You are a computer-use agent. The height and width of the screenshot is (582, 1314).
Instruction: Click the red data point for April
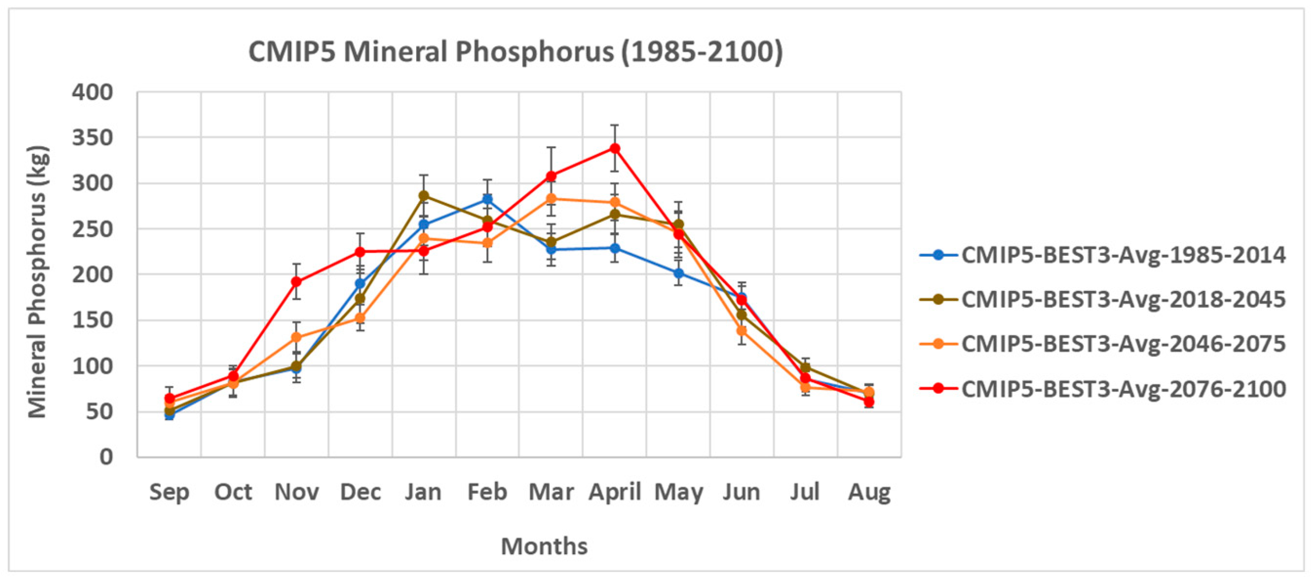pos(615,148)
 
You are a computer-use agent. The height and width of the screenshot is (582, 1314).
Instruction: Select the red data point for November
pos(296,282)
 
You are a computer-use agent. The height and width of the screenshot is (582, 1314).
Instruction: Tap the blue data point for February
pos(487,199)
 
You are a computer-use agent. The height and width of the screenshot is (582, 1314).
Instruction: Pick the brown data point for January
pos(423,196)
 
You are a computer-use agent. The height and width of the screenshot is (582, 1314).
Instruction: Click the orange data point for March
pos(551,199)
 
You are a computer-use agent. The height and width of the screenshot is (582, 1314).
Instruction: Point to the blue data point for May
pos(678,273)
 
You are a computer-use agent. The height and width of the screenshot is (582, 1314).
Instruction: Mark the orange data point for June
pos(742,331)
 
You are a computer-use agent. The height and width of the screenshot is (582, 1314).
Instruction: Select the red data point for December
pos(360,252)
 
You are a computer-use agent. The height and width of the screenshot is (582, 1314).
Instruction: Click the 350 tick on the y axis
pos(92,138)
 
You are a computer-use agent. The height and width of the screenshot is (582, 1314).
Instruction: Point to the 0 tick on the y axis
pos(105,456)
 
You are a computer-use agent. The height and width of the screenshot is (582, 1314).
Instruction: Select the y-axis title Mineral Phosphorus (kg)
pos(37,282)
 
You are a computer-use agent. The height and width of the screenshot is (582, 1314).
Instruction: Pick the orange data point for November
pos(296,337)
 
